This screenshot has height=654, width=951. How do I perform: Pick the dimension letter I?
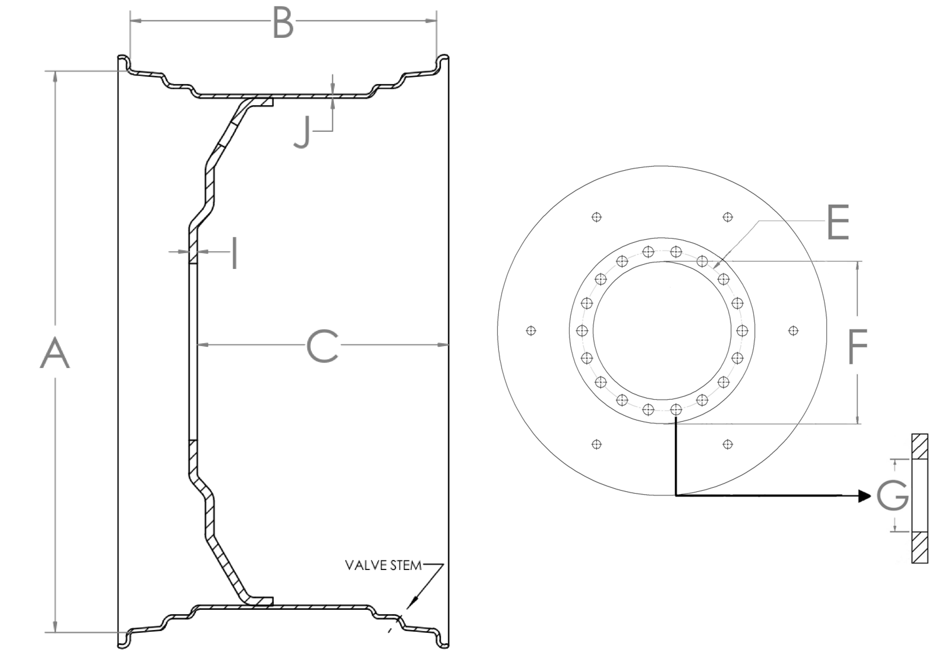234,253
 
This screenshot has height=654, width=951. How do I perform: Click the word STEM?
406,565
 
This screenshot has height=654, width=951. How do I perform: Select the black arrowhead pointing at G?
864,496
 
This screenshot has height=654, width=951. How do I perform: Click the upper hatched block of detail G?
919,447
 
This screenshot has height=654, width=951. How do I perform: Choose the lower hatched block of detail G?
919,547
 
